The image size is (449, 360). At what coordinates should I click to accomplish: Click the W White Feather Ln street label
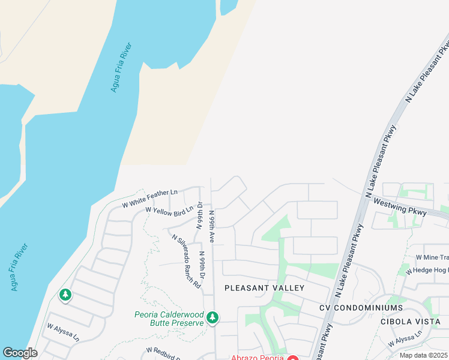(149, 199)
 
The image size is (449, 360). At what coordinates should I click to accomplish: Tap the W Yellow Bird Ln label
(169, 210)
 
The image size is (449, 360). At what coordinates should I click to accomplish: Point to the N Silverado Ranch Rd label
(186, 262)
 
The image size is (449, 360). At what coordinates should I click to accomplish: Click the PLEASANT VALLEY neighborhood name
(264, 288)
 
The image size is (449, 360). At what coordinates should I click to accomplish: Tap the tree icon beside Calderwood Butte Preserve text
(211, 318)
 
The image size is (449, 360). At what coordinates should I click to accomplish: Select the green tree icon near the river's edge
(65, 295)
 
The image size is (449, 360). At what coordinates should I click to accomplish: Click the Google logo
(20, 353)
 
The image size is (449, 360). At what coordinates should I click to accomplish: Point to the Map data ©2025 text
(423, 355)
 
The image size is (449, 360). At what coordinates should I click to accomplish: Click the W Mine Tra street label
(432, 257)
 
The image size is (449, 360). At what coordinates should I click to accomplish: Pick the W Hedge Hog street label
(427, 271)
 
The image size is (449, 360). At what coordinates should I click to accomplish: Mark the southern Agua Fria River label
(19, 267)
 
